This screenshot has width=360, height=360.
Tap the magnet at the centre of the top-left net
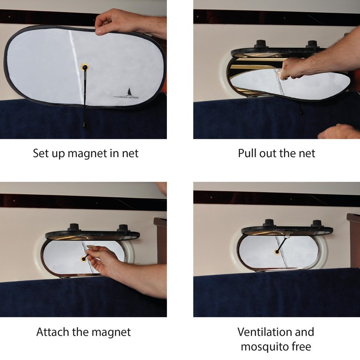point(85,67)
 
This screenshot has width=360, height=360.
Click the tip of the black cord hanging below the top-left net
point(84,126)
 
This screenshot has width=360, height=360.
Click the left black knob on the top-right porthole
point(261,44)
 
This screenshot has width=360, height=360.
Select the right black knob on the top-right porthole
point(312,44)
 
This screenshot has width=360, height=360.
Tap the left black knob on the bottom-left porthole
point(74,227)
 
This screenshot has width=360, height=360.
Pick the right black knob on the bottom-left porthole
point(122,228)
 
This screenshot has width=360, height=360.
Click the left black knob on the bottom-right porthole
point(269,223)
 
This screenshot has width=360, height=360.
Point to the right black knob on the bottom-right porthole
point(317,223)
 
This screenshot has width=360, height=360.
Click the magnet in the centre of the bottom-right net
point(277,252)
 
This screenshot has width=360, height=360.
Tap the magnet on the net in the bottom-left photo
point(84,259)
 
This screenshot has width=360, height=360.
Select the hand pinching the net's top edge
point(115,22)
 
